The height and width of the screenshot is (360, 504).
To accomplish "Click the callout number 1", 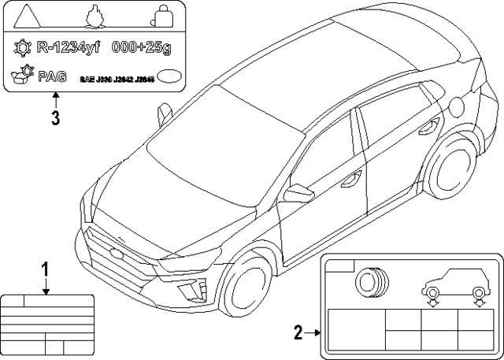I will [46, 270].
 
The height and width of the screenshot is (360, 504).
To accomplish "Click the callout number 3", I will [54, 118].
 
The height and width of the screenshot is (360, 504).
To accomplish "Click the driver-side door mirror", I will [299, 193].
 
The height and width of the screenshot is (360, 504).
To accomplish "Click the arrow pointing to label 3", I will [54, 98].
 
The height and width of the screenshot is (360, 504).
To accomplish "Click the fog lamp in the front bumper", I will [190, 292].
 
